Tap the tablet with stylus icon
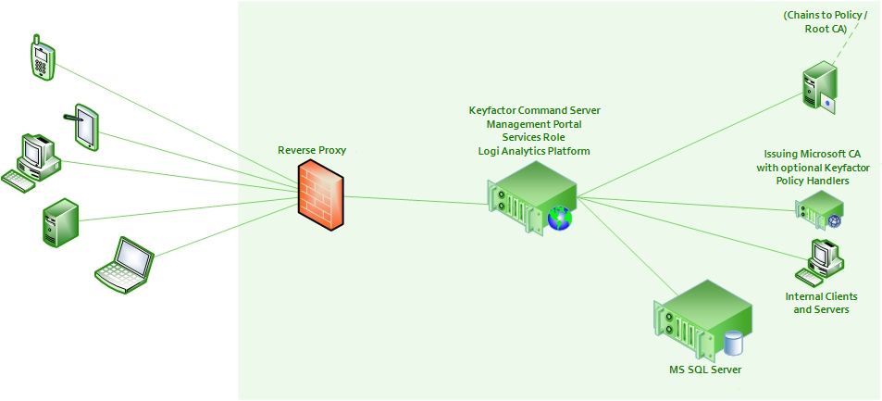[x=83, y=126]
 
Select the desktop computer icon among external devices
[x=31, y=161]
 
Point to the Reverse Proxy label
[x=312, y=150]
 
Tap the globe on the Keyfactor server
[x=559, y=219]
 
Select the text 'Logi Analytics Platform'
[x=534, y=151]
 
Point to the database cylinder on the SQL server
[x=734, y=343]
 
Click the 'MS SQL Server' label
[x=705, y=370]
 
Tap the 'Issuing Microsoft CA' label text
[x=813, y=154]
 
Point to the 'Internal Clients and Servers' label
[x=821, y=303]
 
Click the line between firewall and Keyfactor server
[x=416, y=197]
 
